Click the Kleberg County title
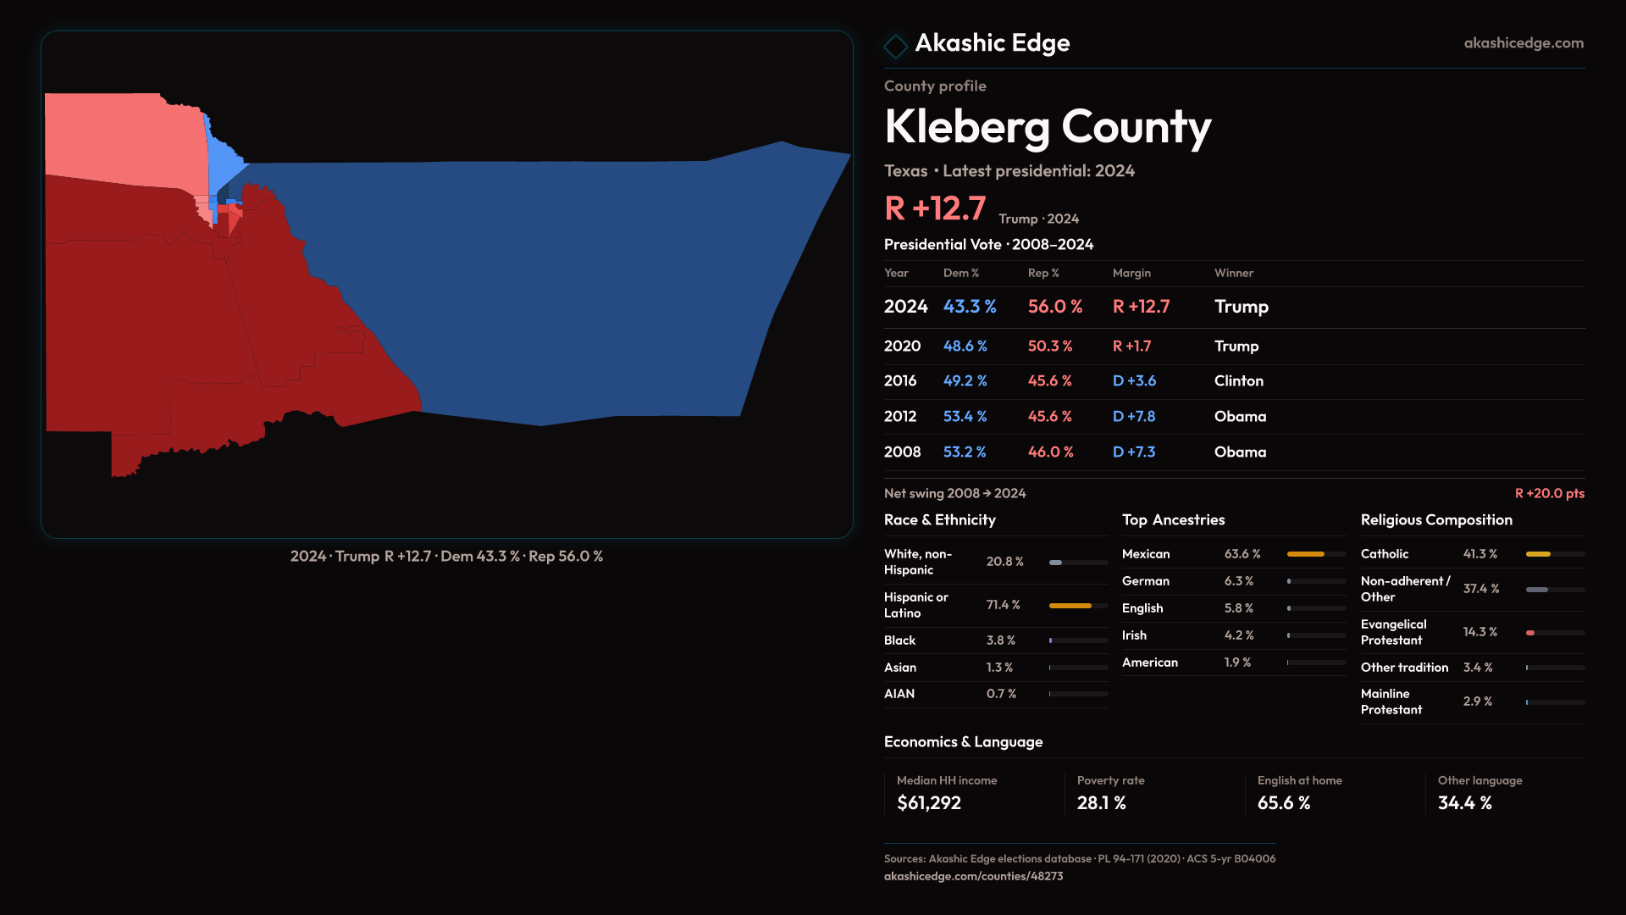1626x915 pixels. (x=1048, y=127)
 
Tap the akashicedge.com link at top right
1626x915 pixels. (x=1524, y=43)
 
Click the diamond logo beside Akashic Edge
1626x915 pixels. (x=895, y=46)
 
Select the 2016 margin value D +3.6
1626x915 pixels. (x=1134, y=381)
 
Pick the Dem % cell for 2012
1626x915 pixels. (x=965, y=417)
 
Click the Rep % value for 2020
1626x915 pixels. (x=1050, y=347)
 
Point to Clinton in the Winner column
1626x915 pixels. (x=1238, y=381)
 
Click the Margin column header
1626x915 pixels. (x=1131, y=273)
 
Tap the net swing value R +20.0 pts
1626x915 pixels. (x=1549, y=493)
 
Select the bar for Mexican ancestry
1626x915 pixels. (x=1315, y=554)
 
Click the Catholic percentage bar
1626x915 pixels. (x=1554, y=554)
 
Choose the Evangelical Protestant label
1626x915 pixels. (x=1393, y=632)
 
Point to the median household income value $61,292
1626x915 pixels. (x=928, y=803)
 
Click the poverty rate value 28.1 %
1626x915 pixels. (x=1101, y=803)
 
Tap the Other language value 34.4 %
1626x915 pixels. (x=1464, y=803)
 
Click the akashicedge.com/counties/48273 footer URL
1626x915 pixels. (x=973, y=876)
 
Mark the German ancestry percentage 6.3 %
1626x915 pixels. (x=1238, y=581)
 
